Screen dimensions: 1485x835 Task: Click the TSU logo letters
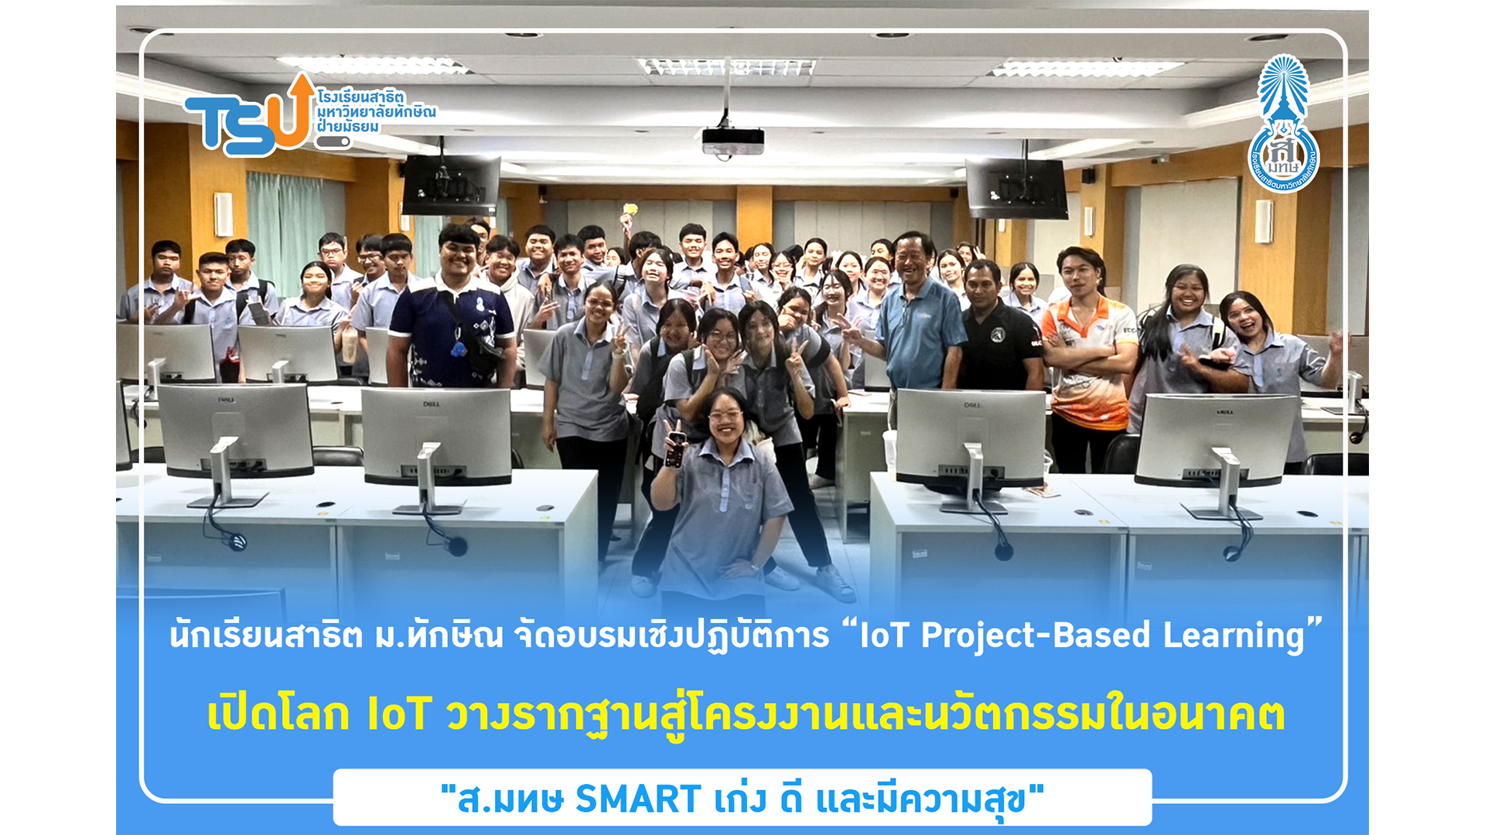click(247, 120)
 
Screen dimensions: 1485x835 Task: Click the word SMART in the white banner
click(638, 799)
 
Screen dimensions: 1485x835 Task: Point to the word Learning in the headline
click(1234, 636)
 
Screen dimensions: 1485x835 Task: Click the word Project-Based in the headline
click(1036, 636)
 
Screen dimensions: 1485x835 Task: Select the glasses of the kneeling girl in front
click(725, 416)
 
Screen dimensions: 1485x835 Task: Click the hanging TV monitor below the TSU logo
click(451, 186)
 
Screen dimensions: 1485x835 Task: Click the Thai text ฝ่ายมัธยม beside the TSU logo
click(348, 127)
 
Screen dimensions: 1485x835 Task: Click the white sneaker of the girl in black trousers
click(835, 581)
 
